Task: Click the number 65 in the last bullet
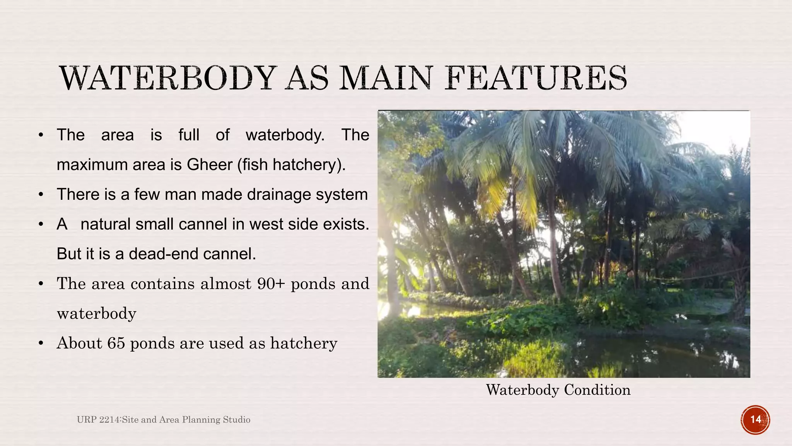pos(116,343)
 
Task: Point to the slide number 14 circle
pos(755,420)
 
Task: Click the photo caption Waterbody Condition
pos(558,390)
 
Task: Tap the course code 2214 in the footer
pos(110,420)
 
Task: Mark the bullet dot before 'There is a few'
pos(41,195)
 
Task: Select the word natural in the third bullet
pos(105,224)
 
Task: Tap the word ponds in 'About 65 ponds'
pos(152,343)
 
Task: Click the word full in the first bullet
pos(189,135)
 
